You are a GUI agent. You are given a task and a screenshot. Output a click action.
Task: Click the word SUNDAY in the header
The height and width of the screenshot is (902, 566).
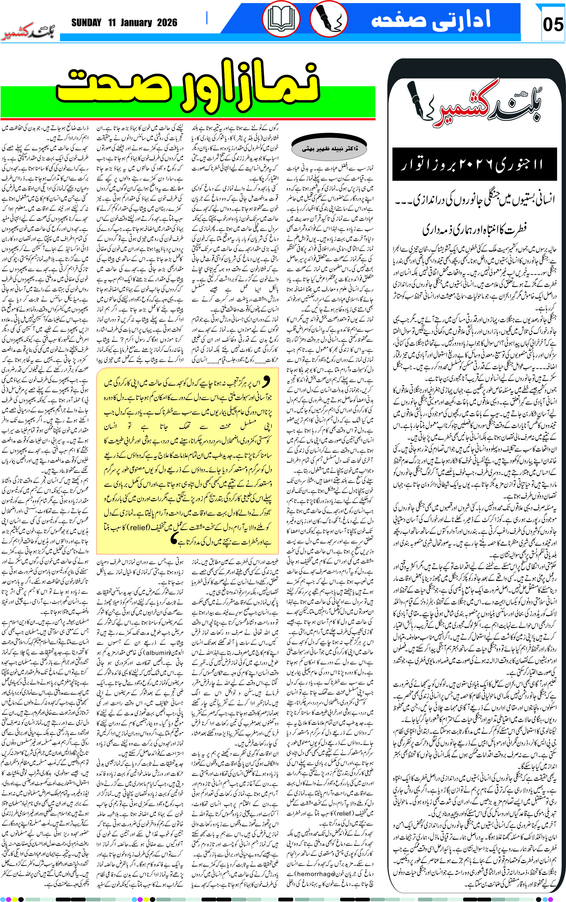[x=86, y=23]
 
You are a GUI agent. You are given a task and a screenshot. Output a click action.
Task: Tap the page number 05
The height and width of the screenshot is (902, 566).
[x=553, y=25]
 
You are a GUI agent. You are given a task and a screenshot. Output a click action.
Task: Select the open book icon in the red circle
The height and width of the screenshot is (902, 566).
[x=281, y=19]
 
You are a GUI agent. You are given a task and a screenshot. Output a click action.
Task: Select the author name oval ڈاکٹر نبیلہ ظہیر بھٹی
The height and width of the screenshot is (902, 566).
[x=329, y=149]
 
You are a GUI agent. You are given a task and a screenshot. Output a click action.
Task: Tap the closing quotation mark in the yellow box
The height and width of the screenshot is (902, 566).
[x=173, y=539]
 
